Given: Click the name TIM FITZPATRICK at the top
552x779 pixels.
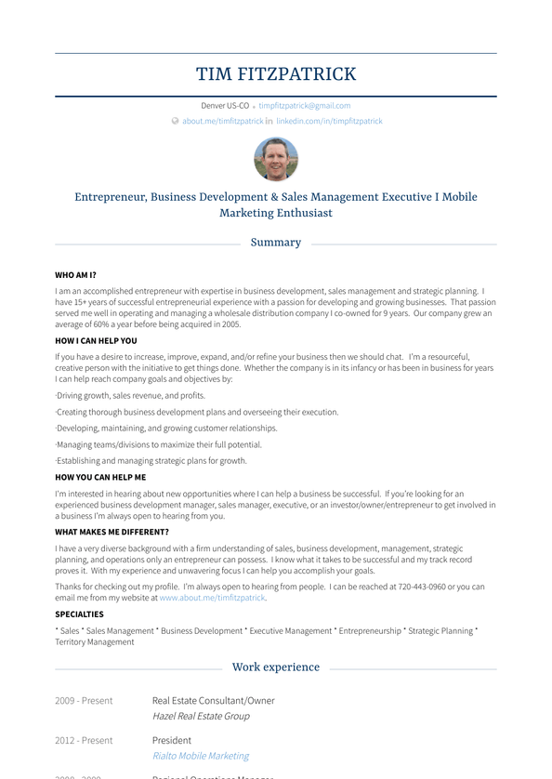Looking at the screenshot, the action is [x=276, y=74].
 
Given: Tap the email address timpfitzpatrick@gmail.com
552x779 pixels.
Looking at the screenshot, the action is [x=304, y=106].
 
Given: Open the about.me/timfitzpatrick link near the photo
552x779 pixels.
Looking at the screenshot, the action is [x=222, y=122].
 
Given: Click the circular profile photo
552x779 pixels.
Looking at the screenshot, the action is [x=276, y=159].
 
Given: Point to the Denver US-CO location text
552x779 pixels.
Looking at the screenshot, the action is [x=225, y=106].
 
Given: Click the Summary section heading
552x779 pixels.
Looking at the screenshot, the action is [x=276, y=243].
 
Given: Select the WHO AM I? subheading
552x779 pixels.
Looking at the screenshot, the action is [x=75, y=275].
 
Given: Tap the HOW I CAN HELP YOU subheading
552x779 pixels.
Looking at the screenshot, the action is [x=96, y=341].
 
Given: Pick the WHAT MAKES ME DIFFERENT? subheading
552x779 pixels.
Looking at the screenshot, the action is [x=112, y=533].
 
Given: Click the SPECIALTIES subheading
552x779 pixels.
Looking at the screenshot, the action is [x=79, y=614].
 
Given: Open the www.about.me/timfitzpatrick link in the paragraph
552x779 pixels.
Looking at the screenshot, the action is [x=212, y=599].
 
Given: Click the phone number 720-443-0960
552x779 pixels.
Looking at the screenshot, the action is [x=422, y=588].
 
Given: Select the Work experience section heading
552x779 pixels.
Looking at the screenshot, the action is [x=276, y=667].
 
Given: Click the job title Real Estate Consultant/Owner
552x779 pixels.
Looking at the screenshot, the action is [x=213, y=701].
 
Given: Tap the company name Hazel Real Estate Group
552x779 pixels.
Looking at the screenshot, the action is [x=201, y=717].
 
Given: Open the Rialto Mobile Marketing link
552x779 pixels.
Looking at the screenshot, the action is [x=201, y=757].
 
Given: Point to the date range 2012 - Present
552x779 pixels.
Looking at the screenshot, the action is [x=84, y=741].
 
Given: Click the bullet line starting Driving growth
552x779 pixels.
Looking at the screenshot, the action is [x=130, y=396].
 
